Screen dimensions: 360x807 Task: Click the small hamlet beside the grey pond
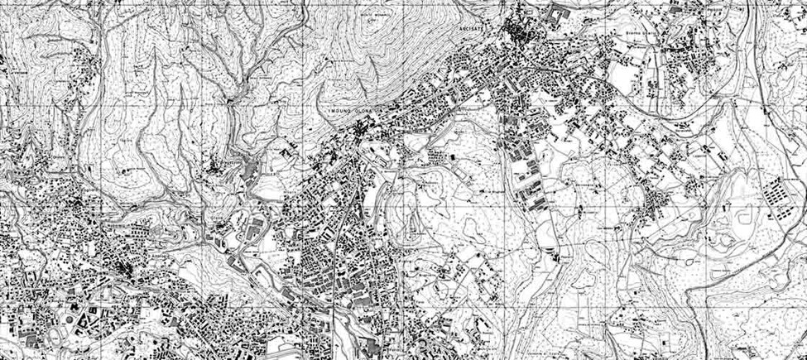coord(223,170)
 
